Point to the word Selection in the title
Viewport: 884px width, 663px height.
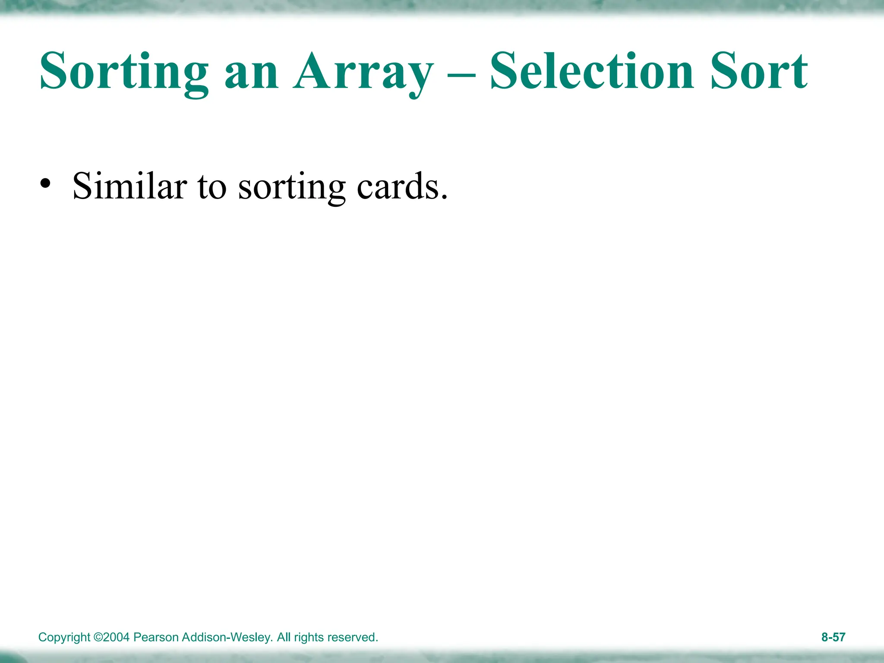(x=592, y=71)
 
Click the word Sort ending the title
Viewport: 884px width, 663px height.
(x=759, y=71)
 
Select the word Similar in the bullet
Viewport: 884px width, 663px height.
(x=129, y=186)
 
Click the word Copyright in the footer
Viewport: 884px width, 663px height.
(x=64, y=638)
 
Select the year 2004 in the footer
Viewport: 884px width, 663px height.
(x=116, y=637)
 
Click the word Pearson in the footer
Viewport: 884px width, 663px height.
(x=157, y=637)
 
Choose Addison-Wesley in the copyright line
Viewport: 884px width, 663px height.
(x=227, y=637)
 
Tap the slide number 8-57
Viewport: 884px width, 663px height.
(x=833, y=637)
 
